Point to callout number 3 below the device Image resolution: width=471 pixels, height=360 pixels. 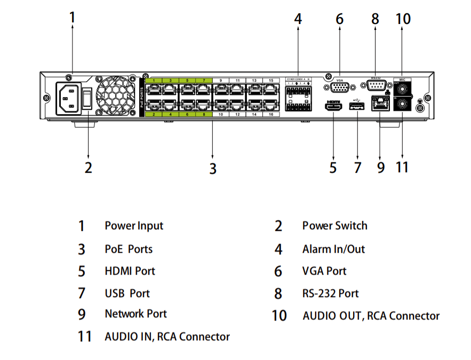[212, 169]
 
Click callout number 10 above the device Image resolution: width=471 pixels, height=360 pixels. [403, 19]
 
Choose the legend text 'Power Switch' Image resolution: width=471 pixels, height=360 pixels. [334, 226]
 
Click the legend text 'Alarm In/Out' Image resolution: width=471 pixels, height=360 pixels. [333, 249]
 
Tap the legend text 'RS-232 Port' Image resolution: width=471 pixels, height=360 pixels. [330, 293]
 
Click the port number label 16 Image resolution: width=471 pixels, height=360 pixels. [272, 115]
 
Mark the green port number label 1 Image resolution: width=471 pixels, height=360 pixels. [154, 81]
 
